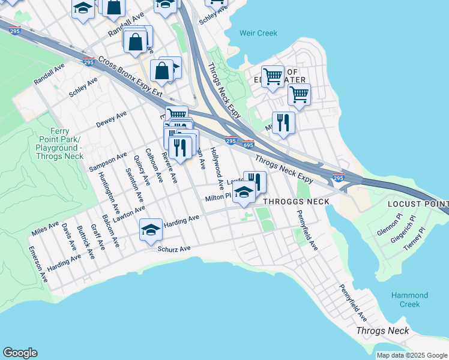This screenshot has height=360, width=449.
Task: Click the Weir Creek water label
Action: (258, 34)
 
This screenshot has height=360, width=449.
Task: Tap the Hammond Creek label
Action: (409, 299)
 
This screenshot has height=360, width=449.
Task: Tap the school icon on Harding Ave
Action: (151, 229)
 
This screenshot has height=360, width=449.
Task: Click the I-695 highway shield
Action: (249, 144)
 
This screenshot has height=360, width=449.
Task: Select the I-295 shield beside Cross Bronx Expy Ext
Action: (88, 62)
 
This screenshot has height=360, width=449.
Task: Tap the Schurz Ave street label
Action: (173, 248)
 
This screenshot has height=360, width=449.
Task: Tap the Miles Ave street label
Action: (46, 228)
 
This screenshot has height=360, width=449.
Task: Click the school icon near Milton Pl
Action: (244, 193)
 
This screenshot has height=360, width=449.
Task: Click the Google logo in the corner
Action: (20, 353)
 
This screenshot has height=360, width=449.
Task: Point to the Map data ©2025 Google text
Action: (412, 355)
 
